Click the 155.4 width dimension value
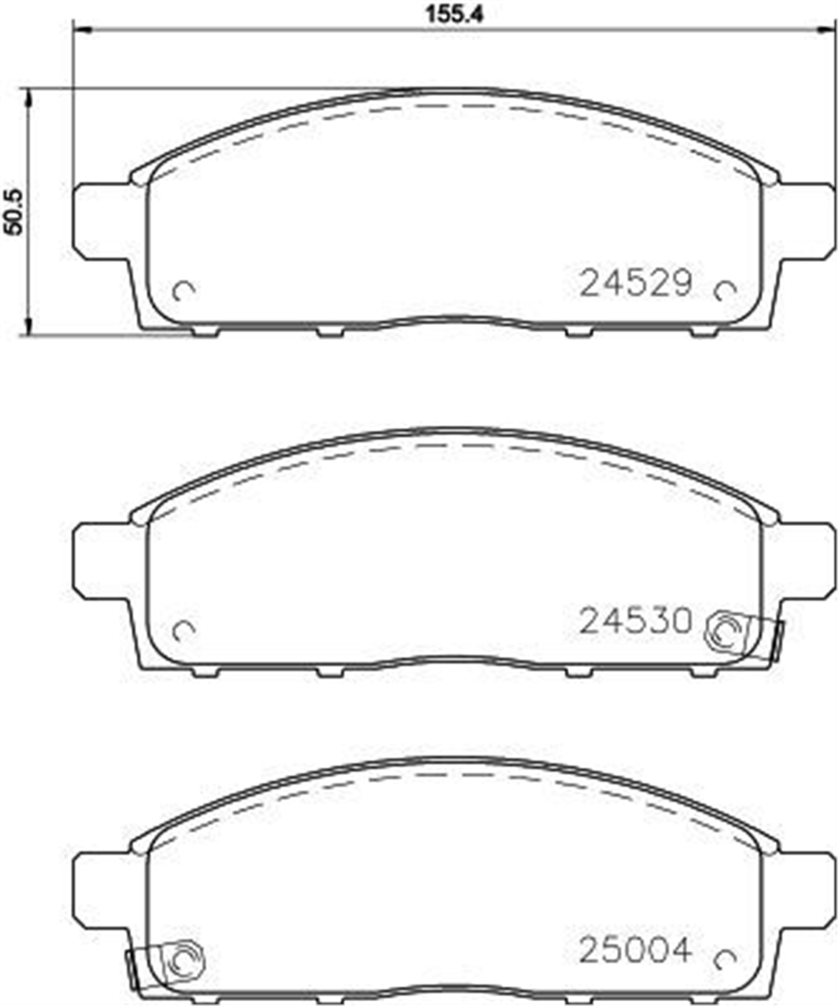coord(454,15)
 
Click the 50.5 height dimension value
coord(14,211)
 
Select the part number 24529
coord(636,283)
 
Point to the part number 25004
coord(635,951)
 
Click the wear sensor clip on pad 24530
coord(744,635)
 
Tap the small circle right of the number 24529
coord(726,291)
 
